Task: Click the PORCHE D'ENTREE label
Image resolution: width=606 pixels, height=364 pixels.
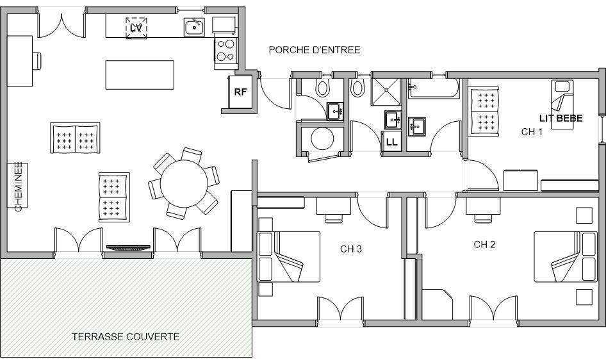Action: point(314,50)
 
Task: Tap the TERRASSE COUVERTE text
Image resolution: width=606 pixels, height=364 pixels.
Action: point(126,336)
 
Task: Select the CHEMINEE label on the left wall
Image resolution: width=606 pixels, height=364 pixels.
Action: point(18,186)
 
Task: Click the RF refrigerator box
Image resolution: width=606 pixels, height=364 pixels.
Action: point(240,92)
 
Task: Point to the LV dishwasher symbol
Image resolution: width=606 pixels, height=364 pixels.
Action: point(136,28)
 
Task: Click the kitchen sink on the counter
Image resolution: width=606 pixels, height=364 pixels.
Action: point(194,27)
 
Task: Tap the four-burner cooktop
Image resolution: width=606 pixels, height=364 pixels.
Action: point(226,51)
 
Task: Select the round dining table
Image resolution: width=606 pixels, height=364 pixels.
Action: point(184,183)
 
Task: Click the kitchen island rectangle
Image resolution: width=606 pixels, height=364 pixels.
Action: point(140,74)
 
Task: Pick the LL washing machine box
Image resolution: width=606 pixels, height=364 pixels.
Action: point(391,142)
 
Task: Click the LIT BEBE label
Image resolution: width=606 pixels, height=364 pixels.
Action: point(561,118)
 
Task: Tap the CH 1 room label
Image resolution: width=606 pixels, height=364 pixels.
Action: point(532,132)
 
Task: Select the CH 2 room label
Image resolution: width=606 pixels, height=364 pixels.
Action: point(484,244)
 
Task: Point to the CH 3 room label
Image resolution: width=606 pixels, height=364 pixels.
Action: point(351,249)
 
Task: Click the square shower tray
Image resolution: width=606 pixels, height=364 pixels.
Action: point(386,92)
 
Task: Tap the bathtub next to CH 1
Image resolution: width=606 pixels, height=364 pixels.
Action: point(434,88)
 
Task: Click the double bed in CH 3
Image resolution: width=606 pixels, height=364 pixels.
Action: point(289,257)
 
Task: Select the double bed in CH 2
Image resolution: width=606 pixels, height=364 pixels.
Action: point(566,257)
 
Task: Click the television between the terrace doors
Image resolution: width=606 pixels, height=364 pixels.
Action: point(128,247)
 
